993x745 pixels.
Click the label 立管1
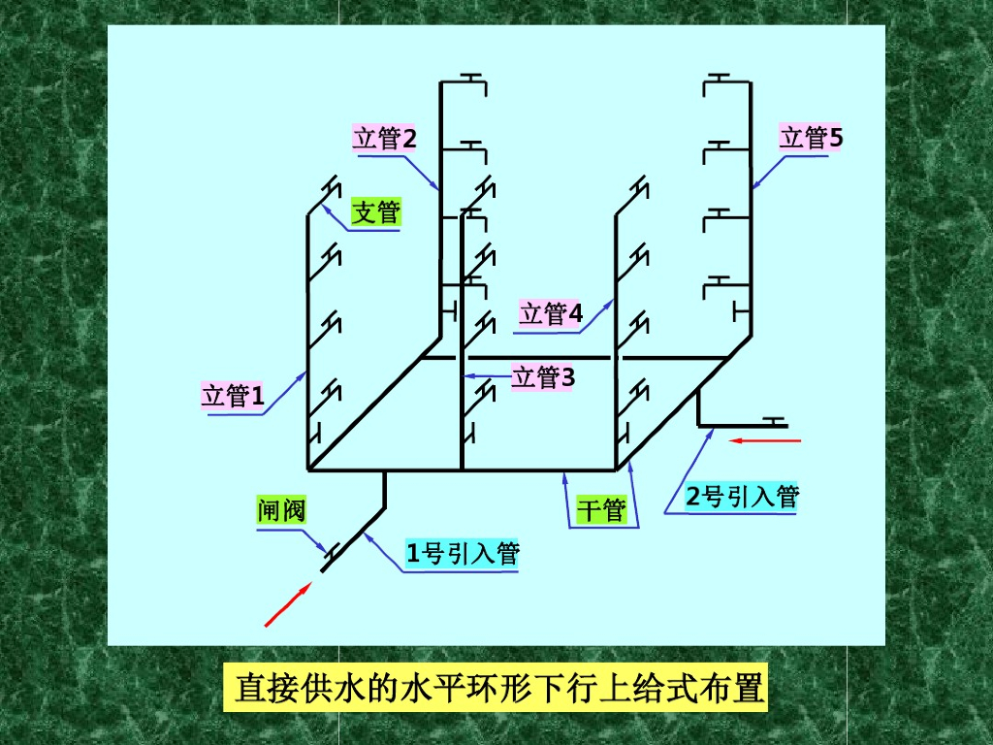[233, 396]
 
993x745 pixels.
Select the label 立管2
[385, 139]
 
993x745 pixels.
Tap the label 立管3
[543, 377]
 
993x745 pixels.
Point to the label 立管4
[551, 313]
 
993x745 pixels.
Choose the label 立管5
[812, 139]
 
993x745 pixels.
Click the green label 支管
[375, 211]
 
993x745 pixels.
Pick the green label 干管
[601, 510]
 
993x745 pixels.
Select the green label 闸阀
[281, 510]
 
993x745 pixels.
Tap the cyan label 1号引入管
[463, 555]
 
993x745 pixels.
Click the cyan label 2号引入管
[743, 498]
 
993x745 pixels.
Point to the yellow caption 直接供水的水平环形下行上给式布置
[500, 689]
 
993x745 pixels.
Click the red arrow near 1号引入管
[288, 604]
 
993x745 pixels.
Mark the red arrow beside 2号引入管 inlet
[766, 440]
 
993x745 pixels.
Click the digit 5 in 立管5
[836, 139]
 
